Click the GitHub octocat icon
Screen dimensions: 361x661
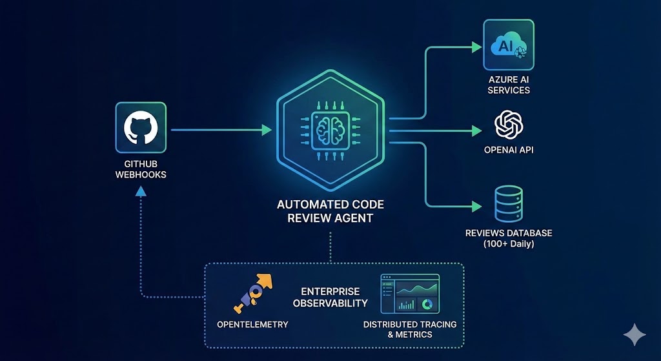140,127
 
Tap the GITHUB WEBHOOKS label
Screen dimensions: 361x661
140,169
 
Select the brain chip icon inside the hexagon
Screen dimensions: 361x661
330,129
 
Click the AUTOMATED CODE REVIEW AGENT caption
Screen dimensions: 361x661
330,211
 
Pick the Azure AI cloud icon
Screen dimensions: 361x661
509,45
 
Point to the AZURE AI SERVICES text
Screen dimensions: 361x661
509,84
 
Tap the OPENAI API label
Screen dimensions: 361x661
509,151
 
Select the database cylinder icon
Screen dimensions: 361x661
508,204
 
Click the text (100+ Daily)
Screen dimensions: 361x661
509,244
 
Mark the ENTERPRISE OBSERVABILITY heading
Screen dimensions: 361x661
330,298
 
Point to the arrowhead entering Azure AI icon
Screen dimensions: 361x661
477,47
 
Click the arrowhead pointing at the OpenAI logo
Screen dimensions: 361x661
477,131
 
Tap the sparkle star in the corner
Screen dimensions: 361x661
634,335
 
